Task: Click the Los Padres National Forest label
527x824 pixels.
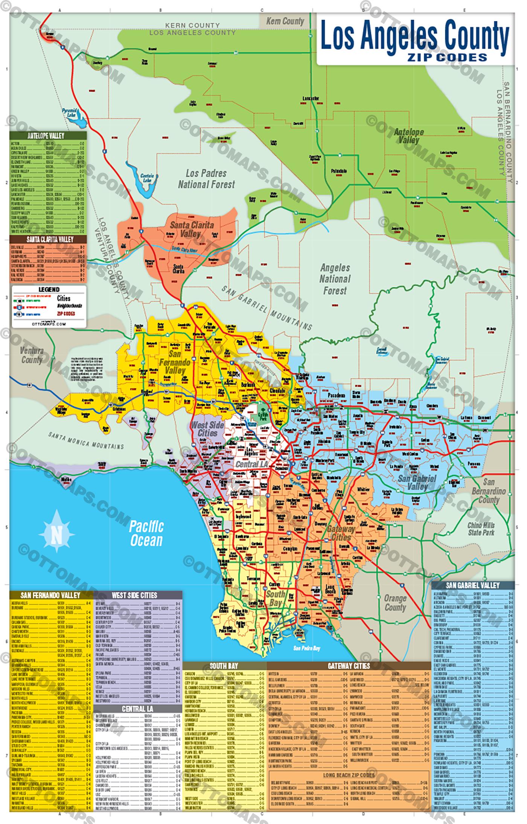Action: [207, 179]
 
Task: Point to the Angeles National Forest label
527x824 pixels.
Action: [335, 279]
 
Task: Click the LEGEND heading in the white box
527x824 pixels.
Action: [49, 289]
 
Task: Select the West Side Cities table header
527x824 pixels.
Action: [134, 595]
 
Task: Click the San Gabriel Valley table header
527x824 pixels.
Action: [472, 585]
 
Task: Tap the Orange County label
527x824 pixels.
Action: [395, 603]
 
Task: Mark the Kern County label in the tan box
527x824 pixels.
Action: [285, 21]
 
